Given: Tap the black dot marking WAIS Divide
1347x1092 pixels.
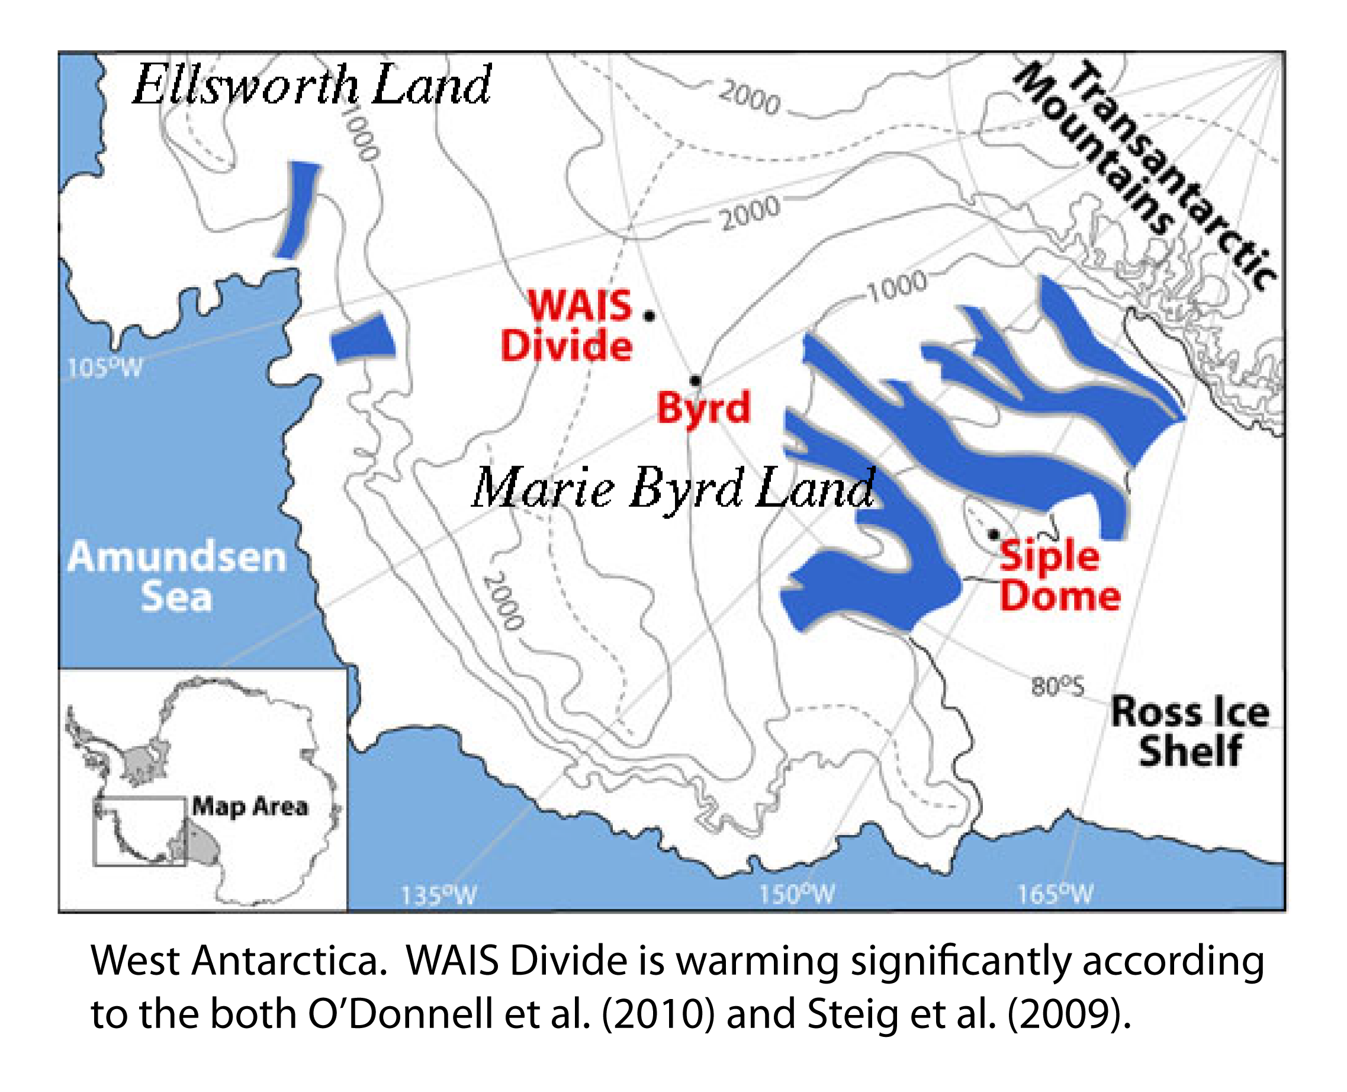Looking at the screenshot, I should (x=649, y=316).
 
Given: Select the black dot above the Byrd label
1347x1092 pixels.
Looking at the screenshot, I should (x=695, y=381).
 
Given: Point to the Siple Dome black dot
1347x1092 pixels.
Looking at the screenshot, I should (x=994, y=535).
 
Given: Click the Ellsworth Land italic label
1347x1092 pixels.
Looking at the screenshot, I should (x=311, y=85).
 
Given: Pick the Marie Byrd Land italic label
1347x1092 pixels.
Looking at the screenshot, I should (x=673, y=489).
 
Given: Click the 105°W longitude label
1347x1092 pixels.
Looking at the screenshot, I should (x=105, y=368).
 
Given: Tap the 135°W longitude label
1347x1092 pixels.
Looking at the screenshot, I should (x=439, y=894).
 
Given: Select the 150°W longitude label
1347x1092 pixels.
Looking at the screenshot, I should (x=798, y=894).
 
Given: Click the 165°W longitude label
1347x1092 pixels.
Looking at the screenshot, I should (x=1056, y=892).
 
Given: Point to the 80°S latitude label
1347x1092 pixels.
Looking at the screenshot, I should (x=1057, y=686).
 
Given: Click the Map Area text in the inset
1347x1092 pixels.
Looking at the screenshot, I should (x=250, y=806).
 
